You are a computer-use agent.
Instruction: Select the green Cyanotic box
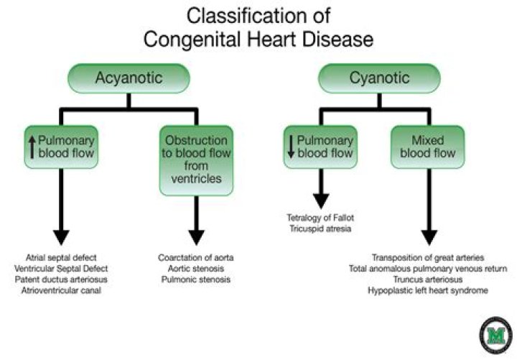click(x=370, y=78)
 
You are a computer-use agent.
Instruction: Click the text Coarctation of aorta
click(x=195, y=257)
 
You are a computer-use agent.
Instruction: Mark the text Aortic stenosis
click(x=195, y=268)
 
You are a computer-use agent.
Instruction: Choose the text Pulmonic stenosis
click(x=195, y=279)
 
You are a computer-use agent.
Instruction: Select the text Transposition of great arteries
click(x=428, y=257)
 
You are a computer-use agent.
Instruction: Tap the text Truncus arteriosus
click(x=428, y=279)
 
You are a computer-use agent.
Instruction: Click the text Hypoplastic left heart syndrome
click(x=428, y=290)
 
